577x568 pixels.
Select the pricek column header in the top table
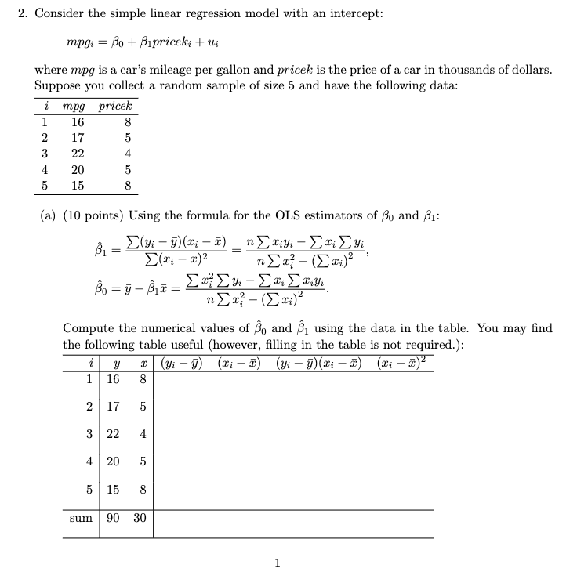(x=116, y=106)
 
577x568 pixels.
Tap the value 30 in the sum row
(x=141, y=519)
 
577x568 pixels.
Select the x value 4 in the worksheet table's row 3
(x=141, y=434)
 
